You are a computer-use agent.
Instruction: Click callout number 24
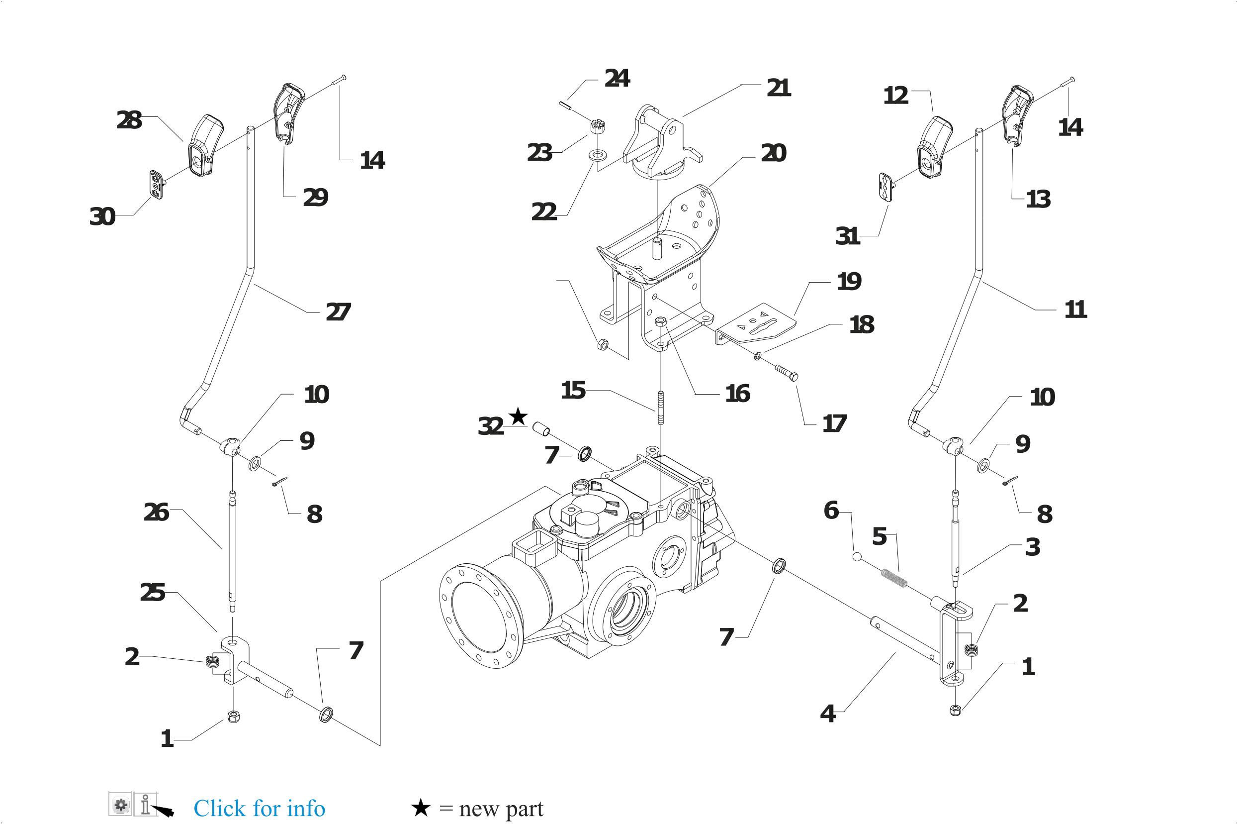pyautogui.click(x=617, y=79)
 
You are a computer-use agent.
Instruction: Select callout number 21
pyautogui.click(x=779, y=88)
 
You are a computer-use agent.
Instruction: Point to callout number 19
pyautogui.click(x=849, y=282)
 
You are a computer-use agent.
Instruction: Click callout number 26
pyautogui.click(x=156, y=513)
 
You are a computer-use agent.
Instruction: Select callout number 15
pyautogui.click(x=573, y=391)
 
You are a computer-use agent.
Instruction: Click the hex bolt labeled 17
pyautogui.click(x=786, y=372)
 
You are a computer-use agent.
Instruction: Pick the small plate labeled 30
pyautogui.click(x=156, y=185)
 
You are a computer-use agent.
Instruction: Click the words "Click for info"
pyautogui.click(x=259, y=808)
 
